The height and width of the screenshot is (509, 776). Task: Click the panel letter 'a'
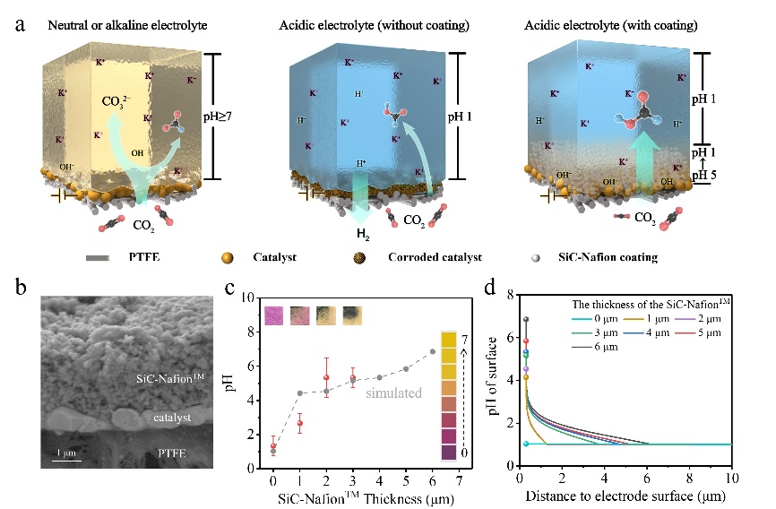point(20,22)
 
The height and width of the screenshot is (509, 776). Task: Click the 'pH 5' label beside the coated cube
point(716,175)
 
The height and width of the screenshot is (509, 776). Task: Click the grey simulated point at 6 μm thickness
point(432,351)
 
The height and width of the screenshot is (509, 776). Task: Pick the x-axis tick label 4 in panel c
point(379,481)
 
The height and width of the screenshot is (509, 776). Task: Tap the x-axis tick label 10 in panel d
point(732,479)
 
